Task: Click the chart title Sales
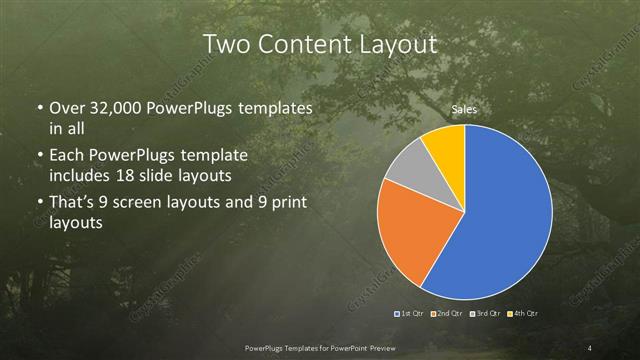pos(464,109)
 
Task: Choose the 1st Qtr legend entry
pos(411,315)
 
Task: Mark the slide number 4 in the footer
pos(591,347)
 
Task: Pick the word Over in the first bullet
pos(67,108)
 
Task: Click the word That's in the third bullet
pos(73,204)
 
